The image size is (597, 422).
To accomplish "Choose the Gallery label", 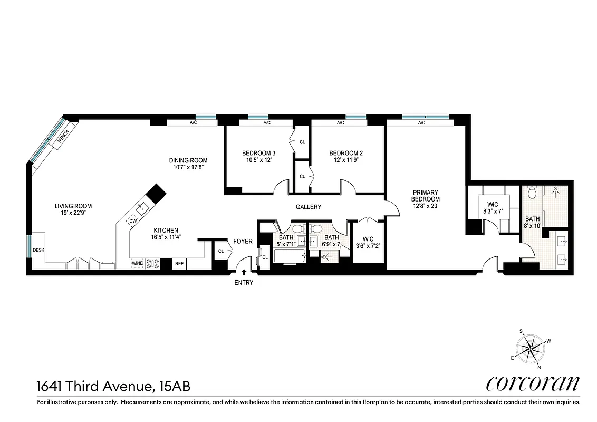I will (308, 207).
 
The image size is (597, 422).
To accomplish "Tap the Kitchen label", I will (166, 230).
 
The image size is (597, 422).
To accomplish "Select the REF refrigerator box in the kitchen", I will (179, 263).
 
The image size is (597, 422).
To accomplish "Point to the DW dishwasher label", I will (133, 221).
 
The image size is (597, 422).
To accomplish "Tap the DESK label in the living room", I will (38, 250).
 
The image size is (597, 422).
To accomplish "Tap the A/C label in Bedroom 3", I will (267, 123).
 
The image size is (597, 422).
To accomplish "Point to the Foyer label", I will (243, 242).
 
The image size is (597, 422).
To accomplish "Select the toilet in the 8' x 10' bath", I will (532, 194).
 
